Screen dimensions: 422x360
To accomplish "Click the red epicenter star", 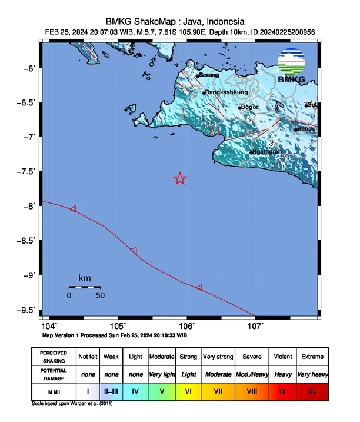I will point(180,178).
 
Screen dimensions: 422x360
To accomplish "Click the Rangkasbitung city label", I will point(226,92).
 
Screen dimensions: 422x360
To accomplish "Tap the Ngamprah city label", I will point(267,152).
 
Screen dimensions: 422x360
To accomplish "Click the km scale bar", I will point(84,287).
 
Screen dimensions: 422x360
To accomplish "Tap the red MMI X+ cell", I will point(311,390).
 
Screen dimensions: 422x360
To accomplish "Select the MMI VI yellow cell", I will point(188,390).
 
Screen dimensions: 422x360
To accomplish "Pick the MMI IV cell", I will point(135,390).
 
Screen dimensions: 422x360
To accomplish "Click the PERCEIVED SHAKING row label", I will point(53,357).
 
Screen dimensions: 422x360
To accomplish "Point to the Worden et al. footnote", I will point(71,404).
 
